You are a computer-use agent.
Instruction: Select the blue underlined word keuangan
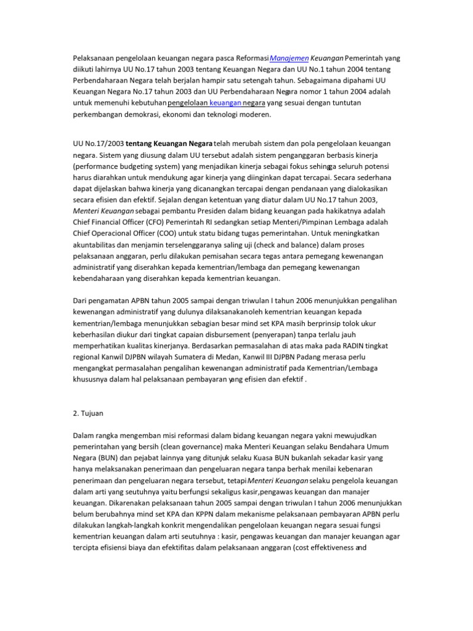[225, 103]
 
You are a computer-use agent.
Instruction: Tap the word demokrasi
[182, 115]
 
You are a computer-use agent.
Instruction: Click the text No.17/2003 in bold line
[105, 144]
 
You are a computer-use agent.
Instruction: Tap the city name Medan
[253, 357]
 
